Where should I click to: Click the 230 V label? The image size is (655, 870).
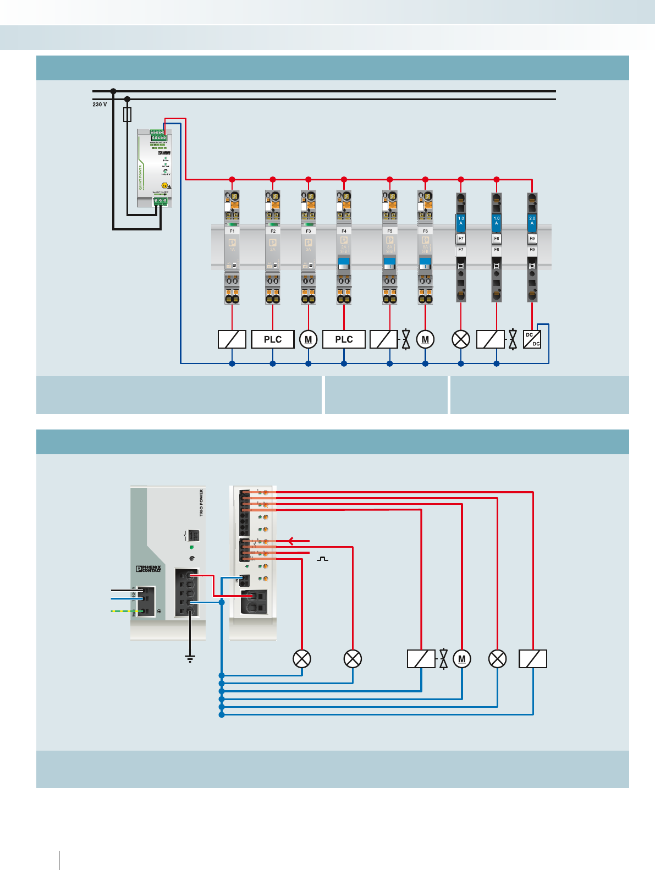[100, 104]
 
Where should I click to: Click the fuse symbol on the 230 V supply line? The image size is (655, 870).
[128, 114]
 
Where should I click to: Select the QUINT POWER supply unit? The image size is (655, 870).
[155, 168]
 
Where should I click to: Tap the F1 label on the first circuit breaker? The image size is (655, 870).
[232, 231]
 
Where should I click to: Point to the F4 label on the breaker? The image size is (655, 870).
[344, 231]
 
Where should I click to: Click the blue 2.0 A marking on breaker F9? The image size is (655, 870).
[532, 221]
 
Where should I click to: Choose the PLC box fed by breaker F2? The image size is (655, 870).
[273, 339]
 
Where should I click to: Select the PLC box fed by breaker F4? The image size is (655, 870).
[344, 339]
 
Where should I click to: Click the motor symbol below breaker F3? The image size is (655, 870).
[309, 339]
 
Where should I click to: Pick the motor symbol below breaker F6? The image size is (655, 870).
[425, 339]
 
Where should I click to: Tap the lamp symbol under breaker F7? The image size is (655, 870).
[461, 339]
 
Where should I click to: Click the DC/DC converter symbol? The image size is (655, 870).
[532, 339]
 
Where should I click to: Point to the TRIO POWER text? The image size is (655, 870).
[201, 502]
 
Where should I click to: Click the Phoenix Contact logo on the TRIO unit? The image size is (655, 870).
[148, 569]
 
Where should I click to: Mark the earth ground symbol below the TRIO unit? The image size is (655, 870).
[190, 658]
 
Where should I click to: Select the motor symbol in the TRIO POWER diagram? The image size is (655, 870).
[462, 659]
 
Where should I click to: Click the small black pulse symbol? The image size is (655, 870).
[323, 559]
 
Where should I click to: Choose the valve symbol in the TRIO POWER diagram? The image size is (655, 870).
[444, 659]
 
